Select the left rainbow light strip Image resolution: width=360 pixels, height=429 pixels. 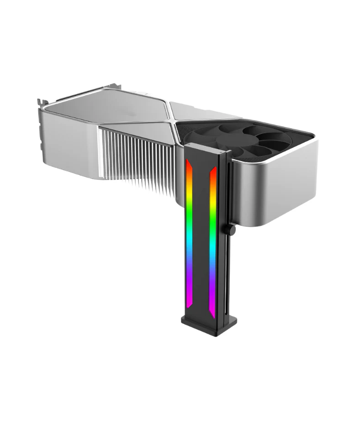click(189, 237)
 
